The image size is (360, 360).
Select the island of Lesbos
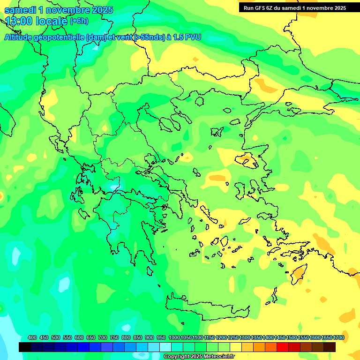point(247,160)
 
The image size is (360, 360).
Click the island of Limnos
point(217,132)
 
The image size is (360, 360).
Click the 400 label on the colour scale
point(32,337)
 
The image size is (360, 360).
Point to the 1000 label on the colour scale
point(174,337)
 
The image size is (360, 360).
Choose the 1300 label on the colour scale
point(245,337)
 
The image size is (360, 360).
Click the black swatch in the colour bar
point(25,347)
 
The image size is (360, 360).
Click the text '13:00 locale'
point(37,21)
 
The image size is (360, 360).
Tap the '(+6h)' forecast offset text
point(78,21)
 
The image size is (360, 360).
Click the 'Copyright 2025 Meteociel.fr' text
point(199,357)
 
